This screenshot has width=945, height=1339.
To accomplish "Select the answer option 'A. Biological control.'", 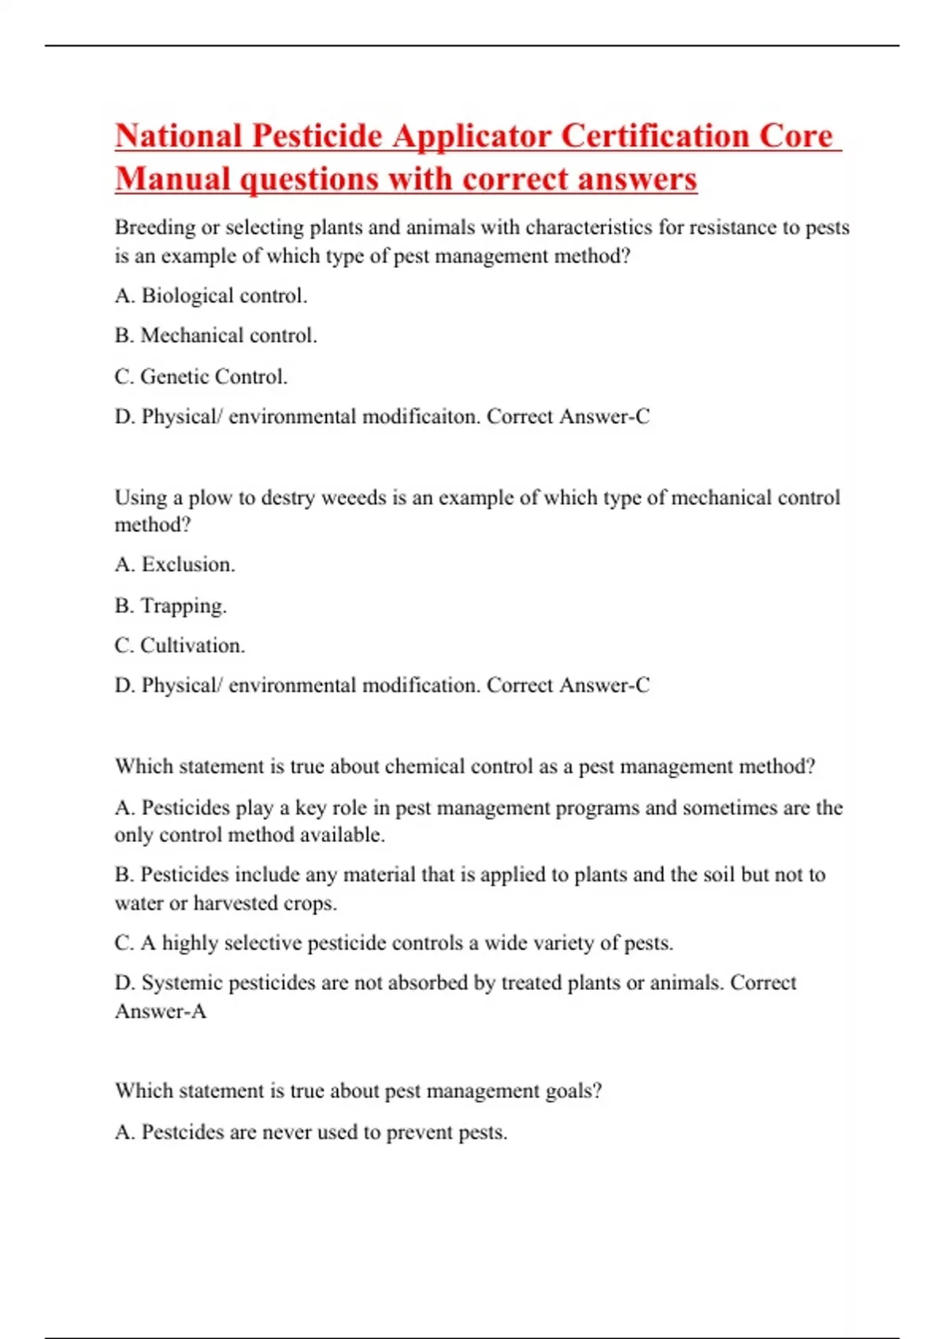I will click(211, 296).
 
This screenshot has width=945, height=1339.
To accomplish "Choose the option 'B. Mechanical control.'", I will click(216, 336).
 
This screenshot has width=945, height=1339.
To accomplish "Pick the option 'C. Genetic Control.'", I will click(201, 377).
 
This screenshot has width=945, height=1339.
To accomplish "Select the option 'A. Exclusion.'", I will click(175, 565).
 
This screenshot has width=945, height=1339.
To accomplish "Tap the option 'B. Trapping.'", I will click(171, 606).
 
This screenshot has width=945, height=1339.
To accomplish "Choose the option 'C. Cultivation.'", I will click(180, 646).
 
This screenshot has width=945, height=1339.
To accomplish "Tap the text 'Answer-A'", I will click(161, 1011).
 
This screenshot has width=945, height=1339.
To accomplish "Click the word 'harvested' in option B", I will click(235, 903).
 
